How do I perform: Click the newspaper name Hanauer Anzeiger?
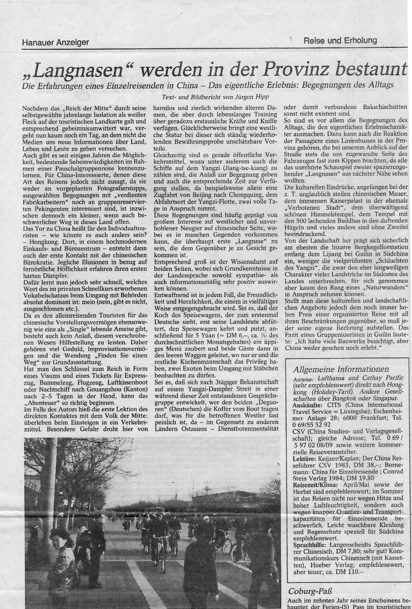55,42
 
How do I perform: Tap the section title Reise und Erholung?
340,41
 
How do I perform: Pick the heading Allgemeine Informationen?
340,369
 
